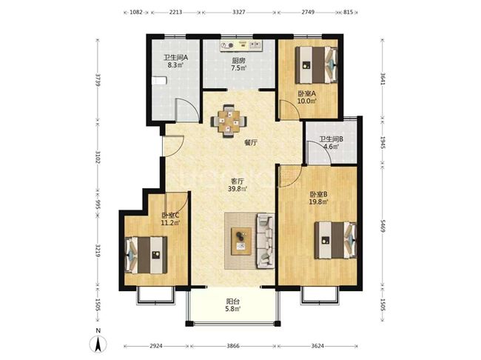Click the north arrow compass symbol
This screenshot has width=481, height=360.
tap(98, 344)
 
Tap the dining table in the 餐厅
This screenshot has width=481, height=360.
tap(229, 121)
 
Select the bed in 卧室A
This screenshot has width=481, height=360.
tap(316, 64)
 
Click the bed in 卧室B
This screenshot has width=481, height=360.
tap(335, 240)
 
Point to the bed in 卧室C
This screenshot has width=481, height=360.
tap(147, 255)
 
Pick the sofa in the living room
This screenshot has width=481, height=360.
tap(266, 240)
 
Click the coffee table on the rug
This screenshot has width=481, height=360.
tap(241, 241)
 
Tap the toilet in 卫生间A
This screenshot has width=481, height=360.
tap(159, 81)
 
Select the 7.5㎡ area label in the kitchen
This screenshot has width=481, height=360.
tap(239, 68)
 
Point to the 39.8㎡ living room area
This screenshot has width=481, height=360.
tap(238, 189)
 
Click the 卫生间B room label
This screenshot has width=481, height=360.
tap(332, 139)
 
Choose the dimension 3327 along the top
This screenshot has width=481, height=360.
tap(239, 13)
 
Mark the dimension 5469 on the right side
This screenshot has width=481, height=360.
tap(383, 225)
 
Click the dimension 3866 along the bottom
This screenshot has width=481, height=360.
tap(233, 346)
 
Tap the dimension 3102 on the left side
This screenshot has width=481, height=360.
tap(98, 156)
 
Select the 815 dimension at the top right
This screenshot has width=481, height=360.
tap(349, 13)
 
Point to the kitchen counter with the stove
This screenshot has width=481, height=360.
tap(242, 45)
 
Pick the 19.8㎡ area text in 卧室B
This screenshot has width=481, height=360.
tap(319, 201)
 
